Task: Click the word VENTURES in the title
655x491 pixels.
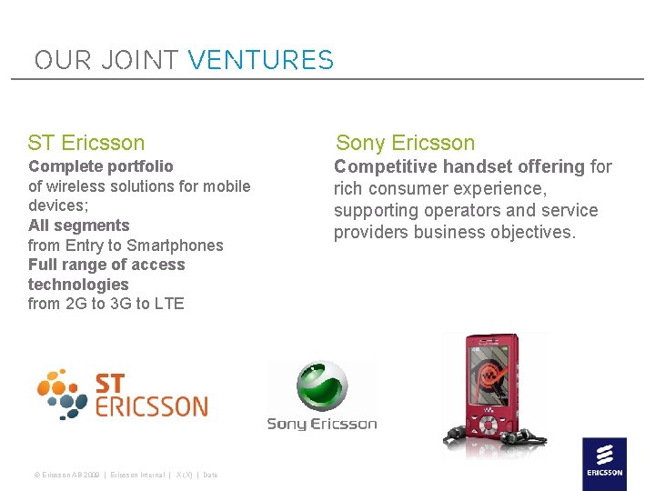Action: pos(260,61)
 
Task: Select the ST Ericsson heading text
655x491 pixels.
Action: pos(86,143)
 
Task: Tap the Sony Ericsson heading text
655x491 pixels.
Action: pos(406,143)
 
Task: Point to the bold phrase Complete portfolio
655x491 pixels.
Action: pos(101,166)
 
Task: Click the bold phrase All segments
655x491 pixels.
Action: pos(79,225)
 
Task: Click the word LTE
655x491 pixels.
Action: pos(169,304)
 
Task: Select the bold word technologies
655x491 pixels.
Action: pos(78,285)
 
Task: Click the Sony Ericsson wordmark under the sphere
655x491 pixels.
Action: pos(321,424)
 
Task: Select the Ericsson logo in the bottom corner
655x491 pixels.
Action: pos(604,464)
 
